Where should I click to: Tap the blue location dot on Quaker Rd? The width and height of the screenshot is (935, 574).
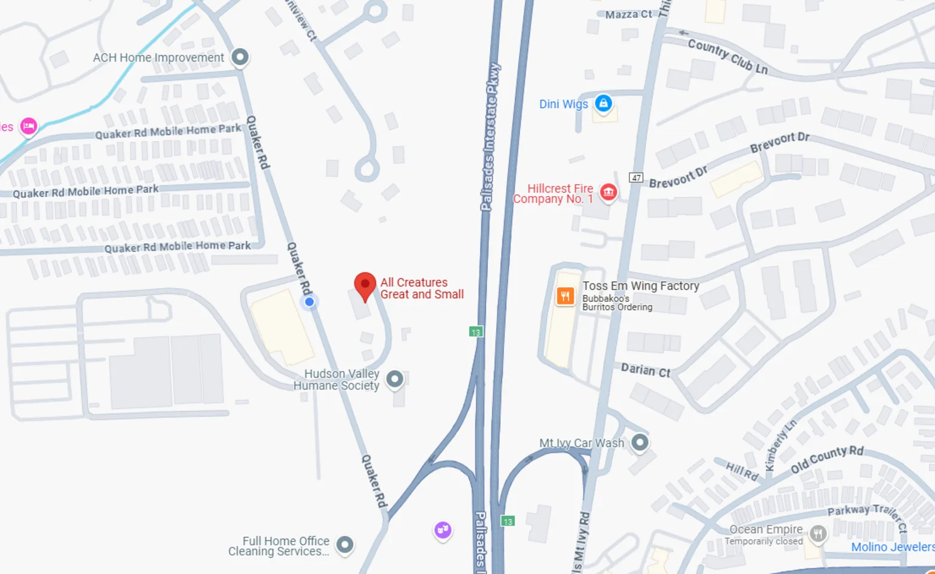point(309,302)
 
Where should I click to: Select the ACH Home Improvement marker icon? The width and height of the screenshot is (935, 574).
point(240,57)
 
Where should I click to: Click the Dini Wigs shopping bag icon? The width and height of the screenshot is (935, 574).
point(603,103)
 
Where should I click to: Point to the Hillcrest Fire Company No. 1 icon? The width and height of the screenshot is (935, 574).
point(609,192)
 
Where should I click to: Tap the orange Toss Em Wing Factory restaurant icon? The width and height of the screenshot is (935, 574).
point(565,295)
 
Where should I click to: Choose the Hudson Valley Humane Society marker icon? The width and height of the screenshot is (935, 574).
point(395,378)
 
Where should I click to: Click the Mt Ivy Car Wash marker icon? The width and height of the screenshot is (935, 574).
point(640,442)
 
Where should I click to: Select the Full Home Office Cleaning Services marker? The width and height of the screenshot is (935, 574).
point(344,545)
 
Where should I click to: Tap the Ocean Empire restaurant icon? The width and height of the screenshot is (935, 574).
point(818,533)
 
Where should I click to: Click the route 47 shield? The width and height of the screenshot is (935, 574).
point(635,178)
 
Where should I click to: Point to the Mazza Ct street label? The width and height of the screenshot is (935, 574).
point(628,14)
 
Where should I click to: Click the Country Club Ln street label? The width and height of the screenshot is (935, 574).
point(727,56)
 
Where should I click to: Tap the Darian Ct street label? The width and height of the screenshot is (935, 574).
point(645,371)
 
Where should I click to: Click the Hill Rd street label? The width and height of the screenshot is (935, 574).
point(742,471)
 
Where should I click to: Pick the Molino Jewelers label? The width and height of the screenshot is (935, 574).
point(893,547)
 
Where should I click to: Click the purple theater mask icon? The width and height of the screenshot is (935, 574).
point(442,529)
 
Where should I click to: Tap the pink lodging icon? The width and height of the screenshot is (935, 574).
point(28,126)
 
